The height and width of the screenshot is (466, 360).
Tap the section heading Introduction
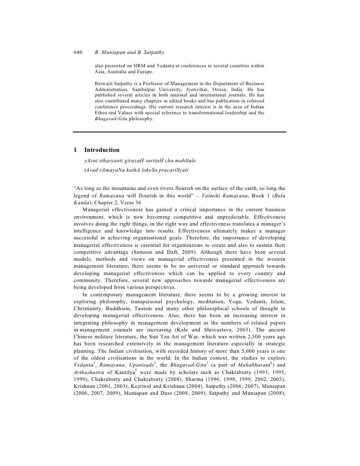tap(102, 149)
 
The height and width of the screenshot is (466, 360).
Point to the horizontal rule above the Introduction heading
tap(180, 132)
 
